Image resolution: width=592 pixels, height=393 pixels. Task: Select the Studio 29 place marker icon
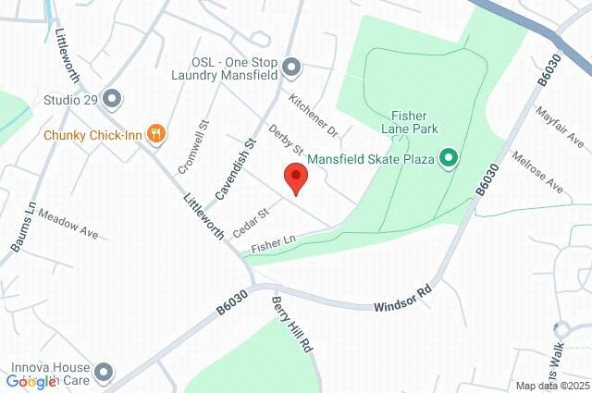click(x=113, y=97)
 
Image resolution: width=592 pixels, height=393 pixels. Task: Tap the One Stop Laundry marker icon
click(x=291, y=67)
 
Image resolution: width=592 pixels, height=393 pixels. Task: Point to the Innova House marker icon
click(x=104, y=373)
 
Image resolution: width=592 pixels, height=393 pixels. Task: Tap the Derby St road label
click(x=286, y=140)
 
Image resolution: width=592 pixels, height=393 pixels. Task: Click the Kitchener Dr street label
click(x=314, y=112)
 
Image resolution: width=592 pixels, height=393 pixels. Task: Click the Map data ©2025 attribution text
click(x=552, y=386)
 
